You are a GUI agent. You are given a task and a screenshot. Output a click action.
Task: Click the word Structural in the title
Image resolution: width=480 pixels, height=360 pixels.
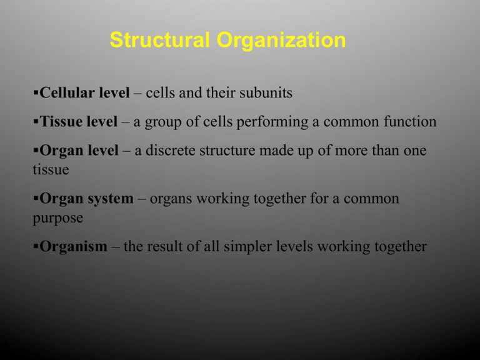click(160, 40)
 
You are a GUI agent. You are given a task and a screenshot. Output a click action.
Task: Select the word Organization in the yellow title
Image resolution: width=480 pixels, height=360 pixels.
click(281, 40)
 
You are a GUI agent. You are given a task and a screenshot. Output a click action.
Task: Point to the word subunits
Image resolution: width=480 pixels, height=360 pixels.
click(266, 92)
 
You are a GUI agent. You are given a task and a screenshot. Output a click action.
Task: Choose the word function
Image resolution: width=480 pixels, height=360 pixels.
click(410, 121)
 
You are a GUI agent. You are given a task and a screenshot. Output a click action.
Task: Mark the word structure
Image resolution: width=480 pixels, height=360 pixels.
click(227, 151)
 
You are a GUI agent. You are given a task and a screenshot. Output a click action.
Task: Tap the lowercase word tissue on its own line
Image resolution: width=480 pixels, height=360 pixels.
click(51, 169)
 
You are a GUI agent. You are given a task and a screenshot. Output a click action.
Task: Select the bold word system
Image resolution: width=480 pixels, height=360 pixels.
click(111, 199)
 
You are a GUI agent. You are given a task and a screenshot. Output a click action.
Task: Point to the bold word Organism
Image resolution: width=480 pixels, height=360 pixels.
click(74, 246)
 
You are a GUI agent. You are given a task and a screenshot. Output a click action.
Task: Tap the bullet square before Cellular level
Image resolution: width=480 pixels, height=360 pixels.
click(36, 92)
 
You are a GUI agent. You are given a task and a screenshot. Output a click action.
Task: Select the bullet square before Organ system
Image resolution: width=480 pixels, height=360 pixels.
click(36, 197)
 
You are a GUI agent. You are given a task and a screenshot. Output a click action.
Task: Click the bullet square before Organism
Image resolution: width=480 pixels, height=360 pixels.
click(36, 246)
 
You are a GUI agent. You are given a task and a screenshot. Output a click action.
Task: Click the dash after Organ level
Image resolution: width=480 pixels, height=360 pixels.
click(126, 151)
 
